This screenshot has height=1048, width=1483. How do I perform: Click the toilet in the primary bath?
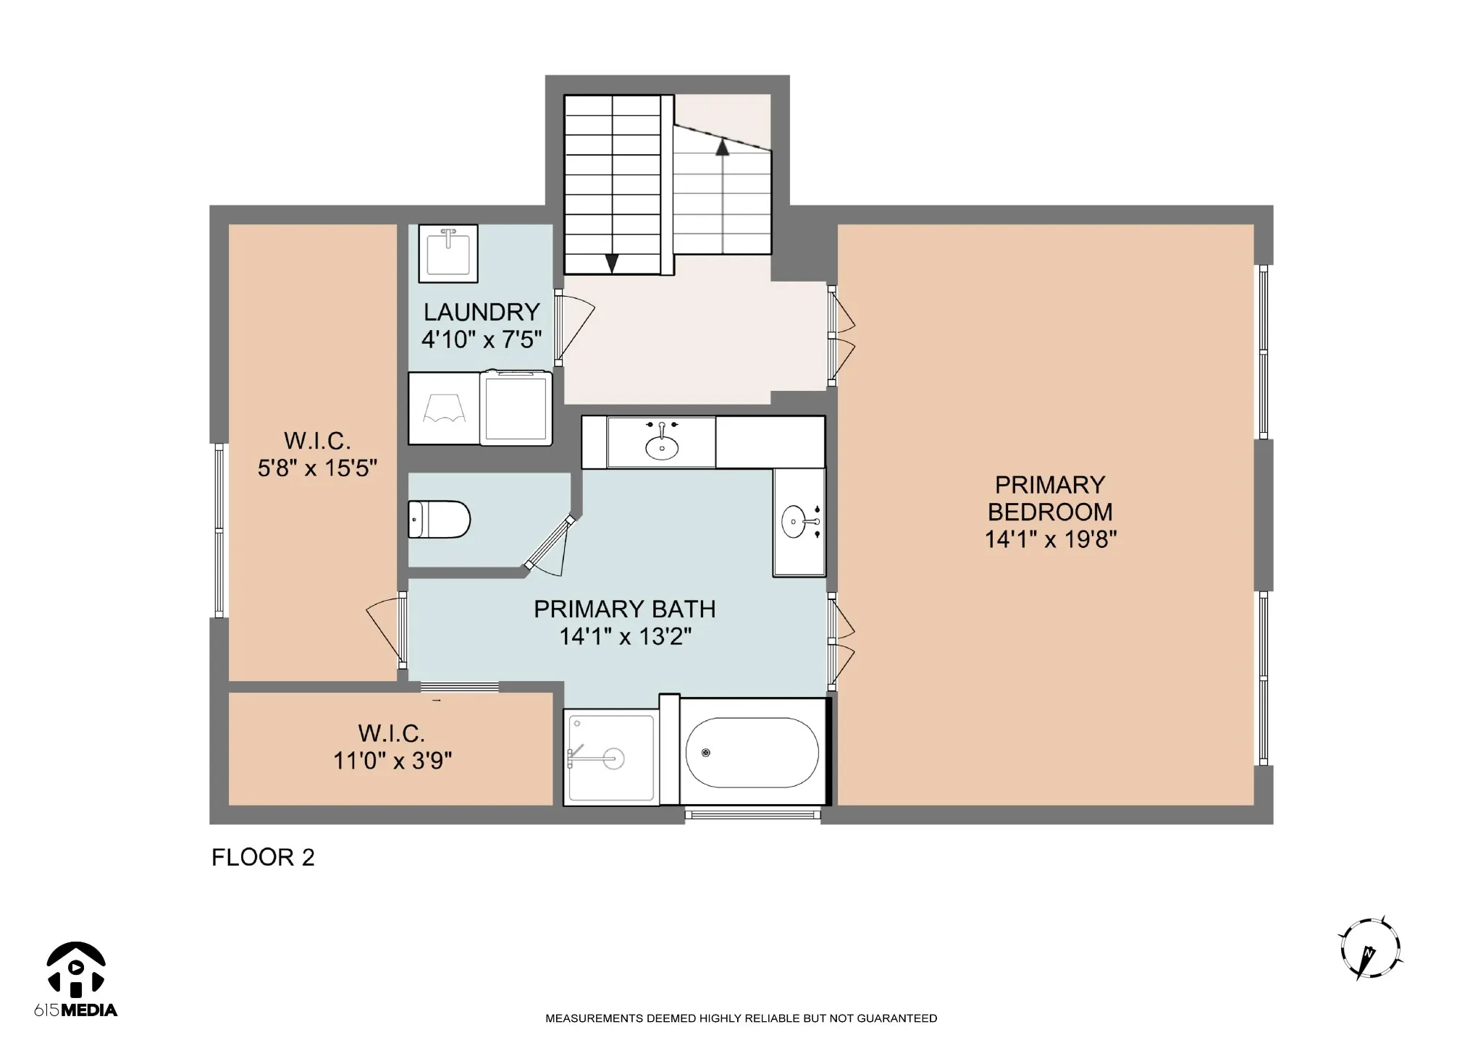click(x=439, y=519)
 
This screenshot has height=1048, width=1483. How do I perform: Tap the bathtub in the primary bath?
click(x=752, y=753)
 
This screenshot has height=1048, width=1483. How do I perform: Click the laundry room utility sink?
click(x=448, y=253)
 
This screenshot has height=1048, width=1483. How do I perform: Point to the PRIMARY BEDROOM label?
click(x=1050, y=498)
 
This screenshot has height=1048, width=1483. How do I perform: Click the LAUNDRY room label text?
click(x=482, y=312)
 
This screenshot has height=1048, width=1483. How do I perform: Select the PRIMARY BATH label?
click(x=625, y=609)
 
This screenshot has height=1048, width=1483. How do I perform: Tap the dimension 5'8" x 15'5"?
click(x=317, y=468)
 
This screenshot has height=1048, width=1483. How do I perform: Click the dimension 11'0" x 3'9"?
click(x=392, y=761)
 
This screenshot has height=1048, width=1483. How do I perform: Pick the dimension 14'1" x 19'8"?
click(x=1051, y=539)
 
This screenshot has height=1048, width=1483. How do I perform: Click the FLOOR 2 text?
click(x=263, y=858)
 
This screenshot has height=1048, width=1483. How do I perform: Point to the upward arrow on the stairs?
click(x=723, y=195)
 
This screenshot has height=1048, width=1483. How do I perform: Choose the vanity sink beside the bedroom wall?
click(x=800, y=521)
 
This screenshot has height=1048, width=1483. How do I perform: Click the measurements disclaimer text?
click(x=741, y=1018)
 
